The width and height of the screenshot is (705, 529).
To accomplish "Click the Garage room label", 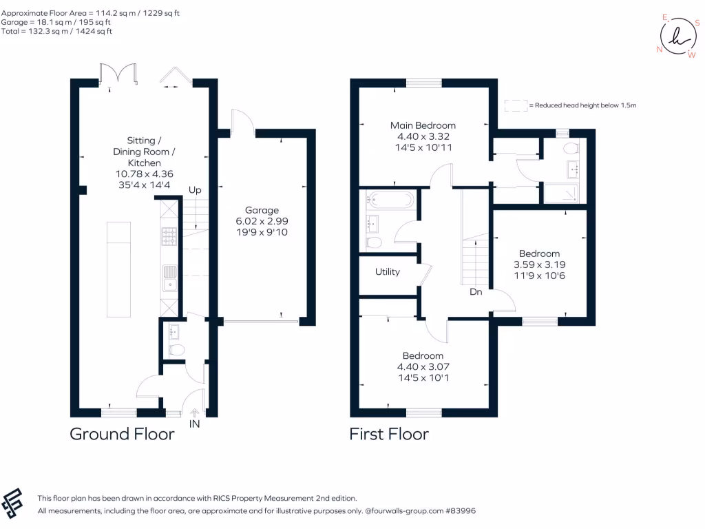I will (x=262, y=210).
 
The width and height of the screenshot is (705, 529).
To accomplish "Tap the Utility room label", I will (x=388, y=272).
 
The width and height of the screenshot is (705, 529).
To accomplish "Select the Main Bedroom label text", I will (x=423, y=125).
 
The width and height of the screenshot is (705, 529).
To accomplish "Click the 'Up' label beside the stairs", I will (x=196, y=189).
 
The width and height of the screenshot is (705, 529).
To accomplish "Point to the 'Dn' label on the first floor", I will (x=476, y=292).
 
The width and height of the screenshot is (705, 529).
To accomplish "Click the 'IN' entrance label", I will (x=195, y=425).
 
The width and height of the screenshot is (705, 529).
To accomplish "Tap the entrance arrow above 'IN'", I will (x=195, y=413).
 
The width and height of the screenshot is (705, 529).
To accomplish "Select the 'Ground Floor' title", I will (x=122, y=434).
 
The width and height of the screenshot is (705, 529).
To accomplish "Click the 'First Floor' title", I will (x=389, y=434).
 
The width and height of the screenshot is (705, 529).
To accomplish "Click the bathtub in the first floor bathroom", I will (x=390, y=200).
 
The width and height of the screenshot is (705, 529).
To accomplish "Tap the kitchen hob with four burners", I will (x=169, y=236).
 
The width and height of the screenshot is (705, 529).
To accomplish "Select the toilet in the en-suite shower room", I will (x=570, y=147).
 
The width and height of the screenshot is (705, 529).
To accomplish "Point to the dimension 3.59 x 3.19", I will (x=539, y=264).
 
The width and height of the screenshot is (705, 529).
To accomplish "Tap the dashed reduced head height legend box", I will (x=515, y=105).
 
